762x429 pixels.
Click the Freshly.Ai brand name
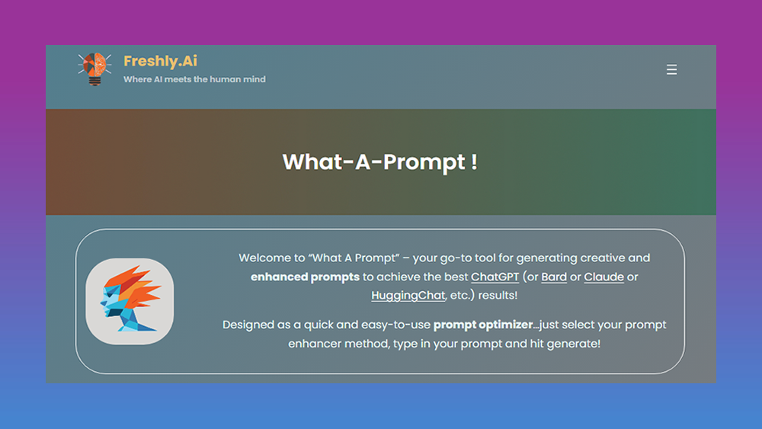[160, 61]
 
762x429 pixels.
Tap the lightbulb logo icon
[94, 69]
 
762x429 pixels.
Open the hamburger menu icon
[671, 69]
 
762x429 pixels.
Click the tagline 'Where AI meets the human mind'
[194, 79]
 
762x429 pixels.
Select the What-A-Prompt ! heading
[379, 162]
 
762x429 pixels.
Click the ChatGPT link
[495, 277]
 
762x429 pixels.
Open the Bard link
[554, 277]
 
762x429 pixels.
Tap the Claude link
[604, 277]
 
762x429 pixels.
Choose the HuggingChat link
[408, 295]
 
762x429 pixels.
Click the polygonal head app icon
[130, 301]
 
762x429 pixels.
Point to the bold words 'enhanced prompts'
[305, 277]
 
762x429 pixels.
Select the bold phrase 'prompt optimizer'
[482, 325]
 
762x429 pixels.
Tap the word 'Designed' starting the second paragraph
[248, 325]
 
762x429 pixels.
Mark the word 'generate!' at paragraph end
[574, 344]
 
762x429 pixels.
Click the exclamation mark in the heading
[474, 162]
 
